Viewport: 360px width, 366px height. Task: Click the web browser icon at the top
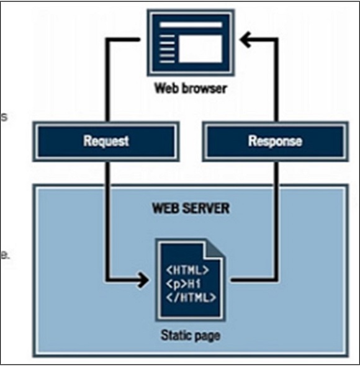coord(191,42)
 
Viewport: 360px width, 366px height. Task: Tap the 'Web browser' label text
coord(191,88)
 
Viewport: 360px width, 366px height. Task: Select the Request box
coord(106,141)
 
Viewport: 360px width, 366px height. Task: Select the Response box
coord(274,141)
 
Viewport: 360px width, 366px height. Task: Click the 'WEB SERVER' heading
coord(191,208)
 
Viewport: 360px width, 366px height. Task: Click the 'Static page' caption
coord(191,336)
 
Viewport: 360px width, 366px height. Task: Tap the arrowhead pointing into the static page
coord(143,280)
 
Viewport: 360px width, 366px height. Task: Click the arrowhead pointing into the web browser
coord(247,41)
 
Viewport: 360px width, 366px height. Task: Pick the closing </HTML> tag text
coord(190,297)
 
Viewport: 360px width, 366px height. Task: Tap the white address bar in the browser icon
coord(191,24)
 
